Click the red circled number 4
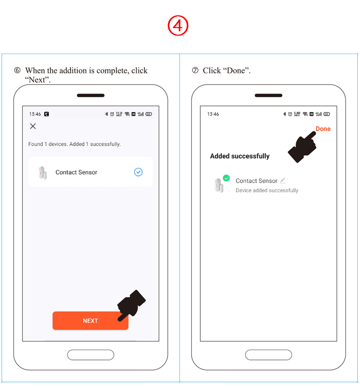178,26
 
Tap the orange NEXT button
90,321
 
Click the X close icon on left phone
33,126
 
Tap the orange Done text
323,129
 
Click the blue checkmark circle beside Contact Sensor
138,172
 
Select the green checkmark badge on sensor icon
226,178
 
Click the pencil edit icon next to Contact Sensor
283,180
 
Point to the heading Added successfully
240,156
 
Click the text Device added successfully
267,190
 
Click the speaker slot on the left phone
90,95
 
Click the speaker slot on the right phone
268,95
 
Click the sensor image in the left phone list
42,172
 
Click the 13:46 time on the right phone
213,114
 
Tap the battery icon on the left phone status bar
148,114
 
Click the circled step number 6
17,71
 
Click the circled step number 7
195,71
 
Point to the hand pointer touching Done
302,146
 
